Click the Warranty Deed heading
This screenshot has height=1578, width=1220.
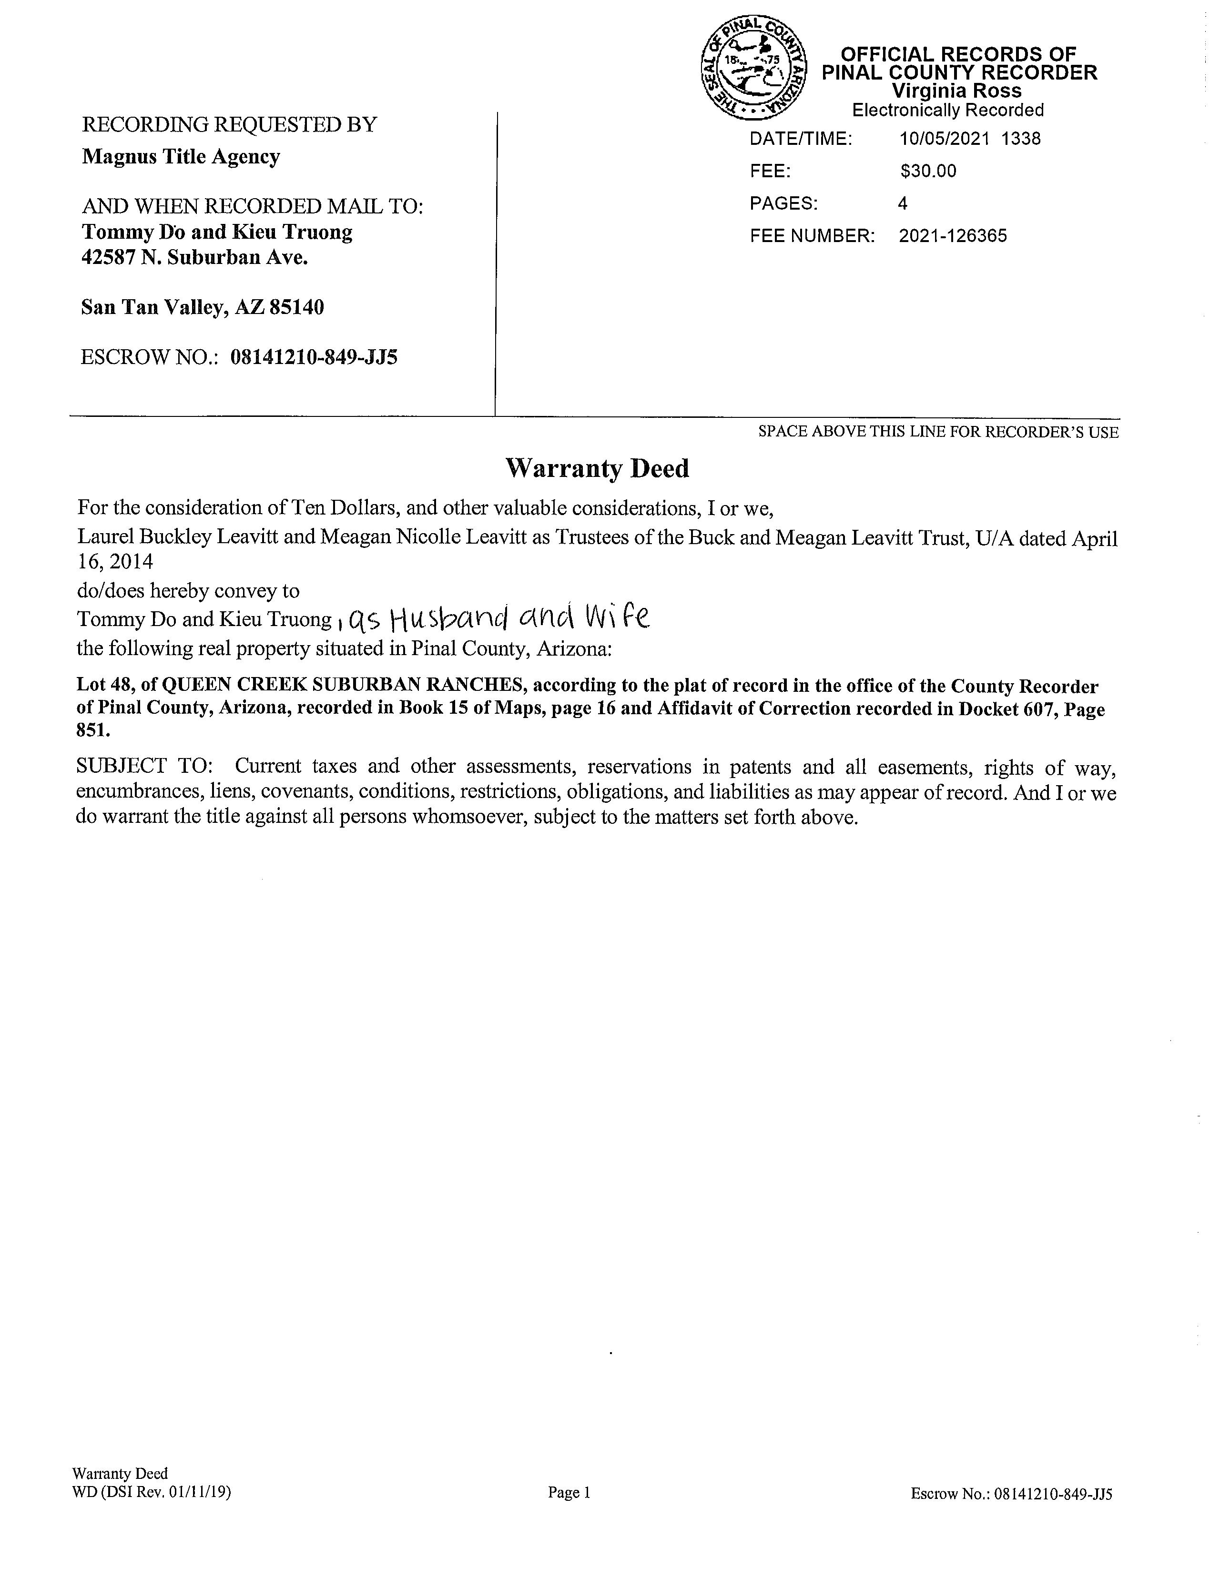pyautogui.click(x=597, y=469)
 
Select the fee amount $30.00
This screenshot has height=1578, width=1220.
pyautogui.click(x=928, y=171)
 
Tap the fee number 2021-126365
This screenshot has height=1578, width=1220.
pyautogui.click(x=953, y=236)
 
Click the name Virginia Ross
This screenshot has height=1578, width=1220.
pyautogui.click(x=956, y=91)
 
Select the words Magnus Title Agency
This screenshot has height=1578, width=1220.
pyautogui.click(x=181, y=157)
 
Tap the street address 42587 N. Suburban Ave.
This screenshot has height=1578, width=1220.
pyautogui.click(x=194, y=258)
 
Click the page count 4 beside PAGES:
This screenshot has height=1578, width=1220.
pyautogui.click(x=903, y=204)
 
